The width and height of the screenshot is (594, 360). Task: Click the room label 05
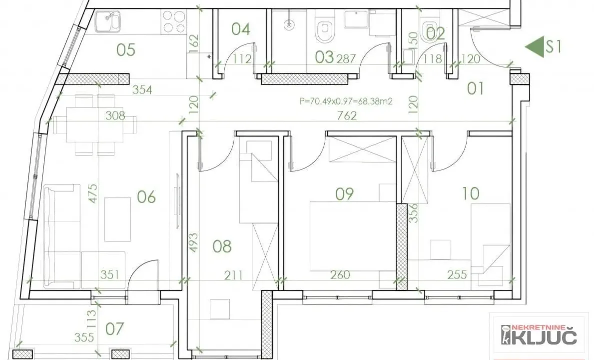(126, 50)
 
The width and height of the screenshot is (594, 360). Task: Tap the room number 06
(146, 197)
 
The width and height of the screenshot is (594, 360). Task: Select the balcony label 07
(115, 329)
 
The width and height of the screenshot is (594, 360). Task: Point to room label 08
(222, 246)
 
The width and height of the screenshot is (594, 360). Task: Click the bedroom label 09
(344, 193)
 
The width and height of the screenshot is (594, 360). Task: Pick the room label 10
(471, 193)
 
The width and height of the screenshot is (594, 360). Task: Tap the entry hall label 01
(475, 89)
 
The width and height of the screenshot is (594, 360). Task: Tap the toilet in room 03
(325, 30)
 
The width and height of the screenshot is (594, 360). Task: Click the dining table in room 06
(95, 124)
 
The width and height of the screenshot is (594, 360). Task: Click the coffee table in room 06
(117, 219)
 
